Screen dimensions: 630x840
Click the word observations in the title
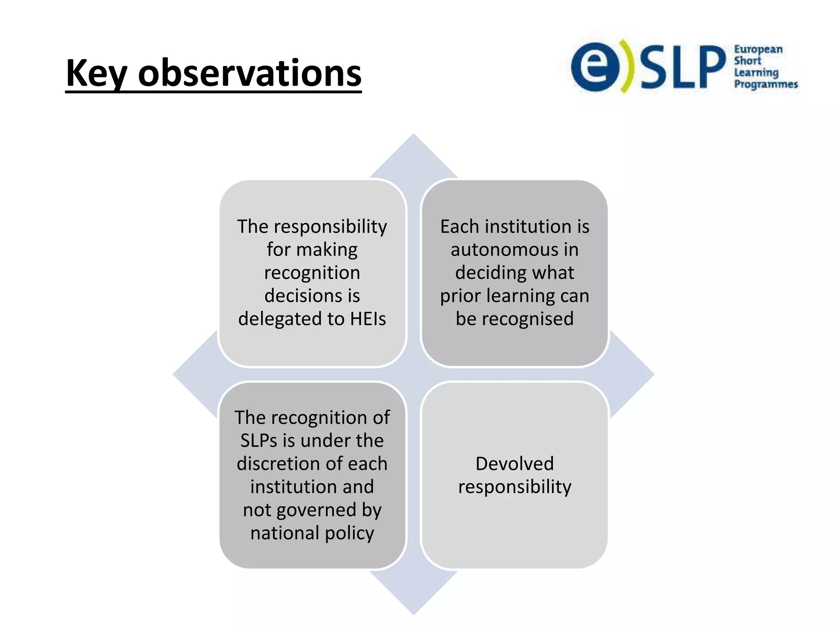click(x=249, y=74)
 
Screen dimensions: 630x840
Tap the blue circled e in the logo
click(x=596, y=66)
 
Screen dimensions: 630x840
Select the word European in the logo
click(x=758, y=50)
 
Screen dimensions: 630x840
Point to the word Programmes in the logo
click(x=765, y=84)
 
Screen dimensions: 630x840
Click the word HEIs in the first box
click(x=368, y=319)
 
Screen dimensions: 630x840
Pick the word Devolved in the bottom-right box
click(x=514, y=464)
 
